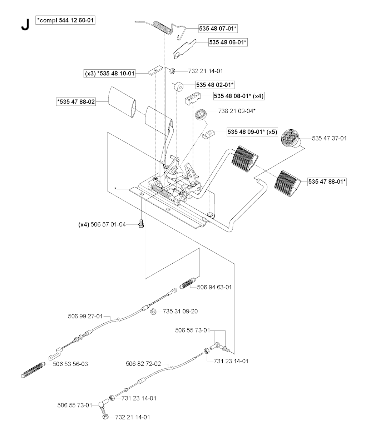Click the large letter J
[x=25, y=24]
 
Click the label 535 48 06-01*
[x=228, y=42]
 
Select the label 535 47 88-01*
[x=327, y=181]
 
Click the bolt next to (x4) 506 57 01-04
[x=140, y=225]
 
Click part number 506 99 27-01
[x=85, y=316]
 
